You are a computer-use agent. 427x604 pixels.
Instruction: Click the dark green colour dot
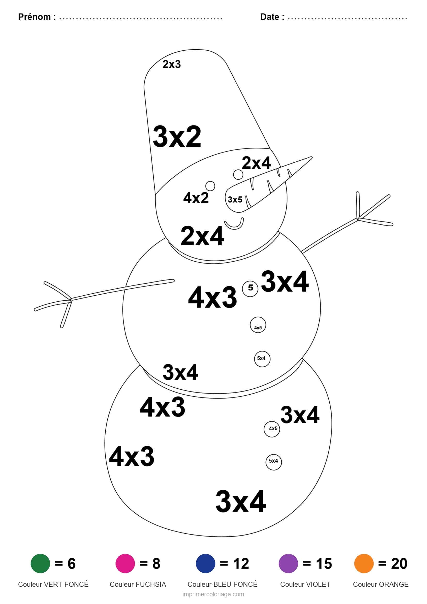point(40,563)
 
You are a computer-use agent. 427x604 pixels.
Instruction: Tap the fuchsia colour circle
point(125,563)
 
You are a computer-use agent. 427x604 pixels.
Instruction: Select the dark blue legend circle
point(205,563)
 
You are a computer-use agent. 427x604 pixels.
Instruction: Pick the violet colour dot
point(288,563)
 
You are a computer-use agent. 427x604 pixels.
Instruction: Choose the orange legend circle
point(364,563)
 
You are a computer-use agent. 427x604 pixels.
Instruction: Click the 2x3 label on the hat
point(172,64)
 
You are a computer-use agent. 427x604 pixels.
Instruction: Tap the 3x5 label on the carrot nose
point(235,200)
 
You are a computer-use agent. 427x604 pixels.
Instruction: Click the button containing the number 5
point(250,288)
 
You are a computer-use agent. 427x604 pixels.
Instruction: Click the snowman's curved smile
point(234,224)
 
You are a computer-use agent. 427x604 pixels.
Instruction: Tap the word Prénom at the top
point(34,17)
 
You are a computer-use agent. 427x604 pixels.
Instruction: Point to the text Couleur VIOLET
point(305,584)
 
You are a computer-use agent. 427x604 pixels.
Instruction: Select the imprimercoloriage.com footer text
point(213,594)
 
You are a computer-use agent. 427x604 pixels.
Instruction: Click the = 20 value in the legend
point(393,563)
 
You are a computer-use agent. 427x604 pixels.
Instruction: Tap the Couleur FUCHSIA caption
point(138,584)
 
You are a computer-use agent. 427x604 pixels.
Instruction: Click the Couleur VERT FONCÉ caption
point(53,584)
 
